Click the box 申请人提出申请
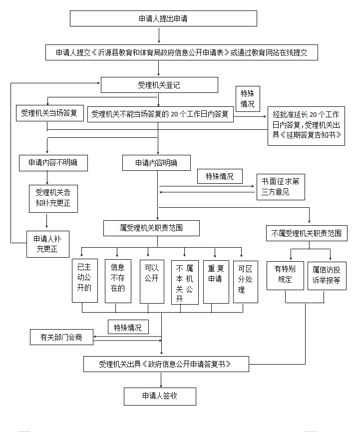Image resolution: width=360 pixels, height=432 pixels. coord(163,18)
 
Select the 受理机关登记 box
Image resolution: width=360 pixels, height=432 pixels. coord(159,85)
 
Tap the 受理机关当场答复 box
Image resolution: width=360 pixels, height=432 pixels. coord(49,113)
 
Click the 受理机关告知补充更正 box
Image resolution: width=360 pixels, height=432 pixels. coord(53,198)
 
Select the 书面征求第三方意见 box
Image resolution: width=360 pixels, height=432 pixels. coord(281,186)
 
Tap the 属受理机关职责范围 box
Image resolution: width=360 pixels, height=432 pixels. coord(151,228)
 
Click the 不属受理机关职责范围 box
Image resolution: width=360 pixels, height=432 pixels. coord(306,233)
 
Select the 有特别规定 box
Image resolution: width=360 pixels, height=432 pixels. coord(285,275)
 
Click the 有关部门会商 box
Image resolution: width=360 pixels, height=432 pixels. coord(61,337)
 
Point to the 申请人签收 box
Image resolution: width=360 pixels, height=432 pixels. coord(160,397)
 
